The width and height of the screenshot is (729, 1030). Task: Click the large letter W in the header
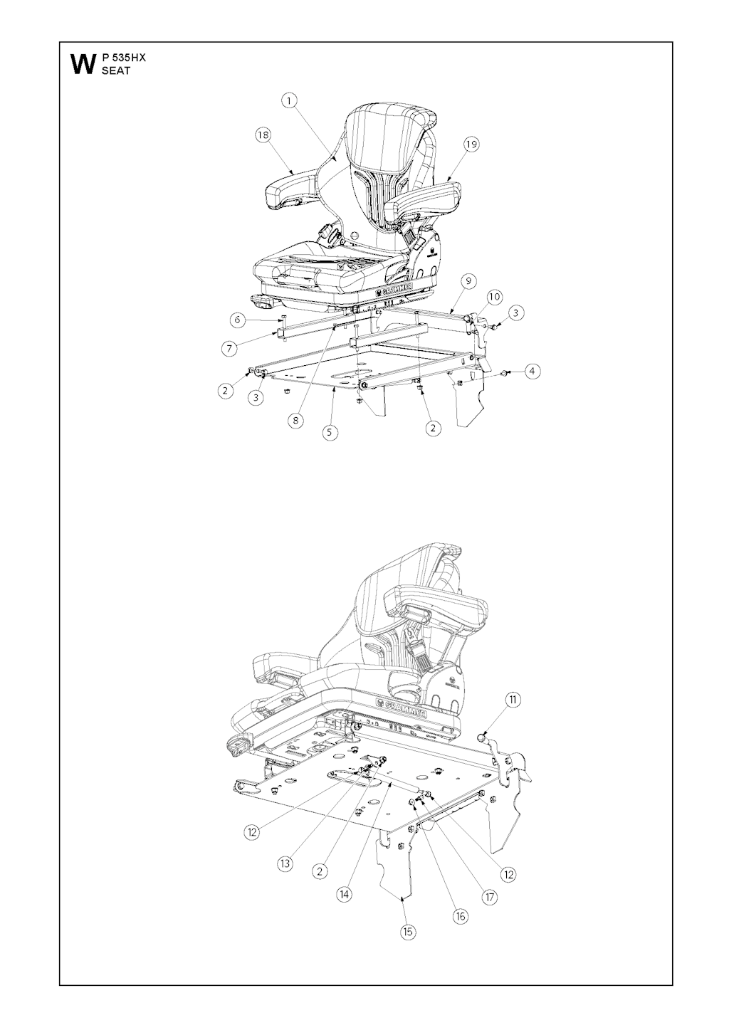coord(83,65)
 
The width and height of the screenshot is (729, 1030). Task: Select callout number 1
coord(289,101)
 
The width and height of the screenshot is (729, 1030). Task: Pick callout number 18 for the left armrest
coord(263,135)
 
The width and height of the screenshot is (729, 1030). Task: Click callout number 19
coord(471,144)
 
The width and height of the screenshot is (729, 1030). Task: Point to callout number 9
coord(468,280)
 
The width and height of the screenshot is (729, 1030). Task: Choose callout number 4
coord(532,371)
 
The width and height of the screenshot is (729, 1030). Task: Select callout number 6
coord(237,320)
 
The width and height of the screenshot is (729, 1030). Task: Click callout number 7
coord(229,349)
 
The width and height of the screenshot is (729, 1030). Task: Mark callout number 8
coord(296,420)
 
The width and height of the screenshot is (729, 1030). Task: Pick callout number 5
coord(330,432)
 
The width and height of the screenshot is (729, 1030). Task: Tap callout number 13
coord(285,863)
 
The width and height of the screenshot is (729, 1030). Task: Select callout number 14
coord(345,895)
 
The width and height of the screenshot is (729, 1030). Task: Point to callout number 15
coord(408,932)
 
